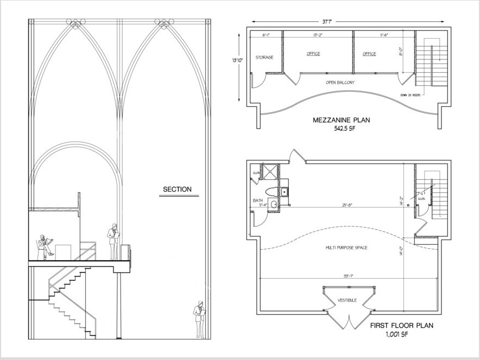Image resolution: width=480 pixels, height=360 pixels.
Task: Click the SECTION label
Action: pos(178,190)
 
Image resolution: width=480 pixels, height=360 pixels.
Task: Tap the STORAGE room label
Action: pos(264,57)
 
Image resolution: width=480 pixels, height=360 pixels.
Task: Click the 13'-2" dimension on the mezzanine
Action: pos(319,34)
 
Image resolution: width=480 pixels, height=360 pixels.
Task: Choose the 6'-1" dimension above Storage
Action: pos(266,34)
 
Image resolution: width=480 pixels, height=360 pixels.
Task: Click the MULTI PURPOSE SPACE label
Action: pos(346,248)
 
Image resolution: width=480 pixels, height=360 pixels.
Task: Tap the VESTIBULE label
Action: pos(347,300)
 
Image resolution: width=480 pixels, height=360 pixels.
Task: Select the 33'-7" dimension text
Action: pos(349,276)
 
